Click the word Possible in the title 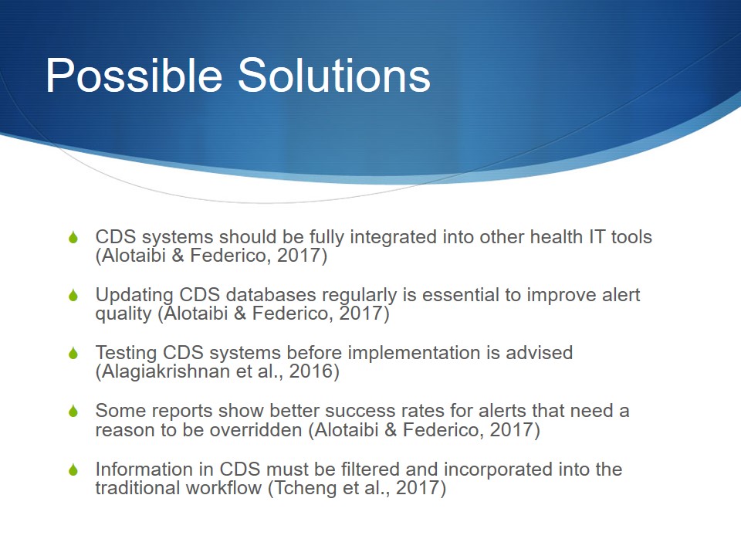pyautogui.click(x=134, y=76)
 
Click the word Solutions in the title pyautogui.click(x=334, y=75)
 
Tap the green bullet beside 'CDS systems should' pyautogui.click(x=73, y=237)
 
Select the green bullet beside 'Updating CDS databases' pyautogui.click(x=73, y=295)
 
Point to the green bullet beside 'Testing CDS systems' pyautogui.click(x=73, y=353)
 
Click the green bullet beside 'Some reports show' pyautogui.click(x=73, y=412)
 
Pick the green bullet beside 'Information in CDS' pyautogui.click(x=73, y=470)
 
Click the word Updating pyautogui.click(x=134, y=296)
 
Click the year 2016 pyautogui.click(x=311, y=371)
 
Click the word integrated pyautogui.click(x=393, y=238)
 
